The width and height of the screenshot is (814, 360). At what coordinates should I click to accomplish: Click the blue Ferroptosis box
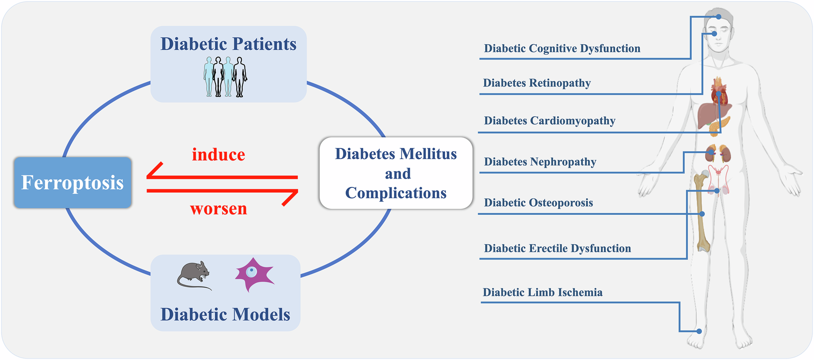[x=73, y=182]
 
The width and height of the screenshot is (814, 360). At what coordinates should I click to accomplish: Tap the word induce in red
[x=219, y=154]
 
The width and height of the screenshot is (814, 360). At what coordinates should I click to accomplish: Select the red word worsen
[x=219, y=209]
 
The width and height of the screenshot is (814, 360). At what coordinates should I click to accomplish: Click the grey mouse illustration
[x=194, y=275]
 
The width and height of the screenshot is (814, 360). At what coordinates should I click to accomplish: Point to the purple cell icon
[x=254, y=274]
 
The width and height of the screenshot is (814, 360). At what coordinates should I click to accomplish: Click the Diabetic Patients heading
[x=228, y=44]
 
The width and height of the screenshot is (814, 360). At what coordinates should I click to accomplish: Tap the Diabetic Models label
[x=226, y=314]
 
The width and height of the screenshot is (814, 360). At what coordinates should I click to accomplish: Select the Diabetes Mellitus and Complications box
[x=396, y=173]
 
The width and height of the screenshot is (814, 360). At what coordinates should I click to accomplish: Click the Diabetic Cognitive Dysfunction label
[x=562, y=48]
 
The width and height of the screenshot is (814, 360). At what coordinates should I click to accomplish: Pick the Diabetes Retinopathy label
[x=537, y=83]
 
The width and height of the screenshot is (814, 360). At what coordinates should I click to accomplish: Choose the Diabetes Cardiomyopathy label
[x=549, y=121]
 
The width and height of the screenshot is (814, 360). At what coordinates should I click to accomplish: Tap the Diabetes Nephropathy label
[x=540, y=162]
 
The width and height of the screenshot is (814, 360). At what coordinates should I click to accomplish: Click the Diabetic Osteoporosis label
[x=538, y=203]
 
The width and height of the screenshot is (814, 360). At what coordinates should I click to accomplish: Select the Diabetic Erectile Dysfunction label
[x=557, y=248]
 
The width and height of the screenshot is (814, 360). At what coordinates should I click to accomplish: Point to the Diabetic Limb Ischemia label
[x=542, y=293]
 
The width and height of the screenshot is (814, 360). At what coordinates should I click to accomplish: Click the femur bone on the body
[x=702, y=212]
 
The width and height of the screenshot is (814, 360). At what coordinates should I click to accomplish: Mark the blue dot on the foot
[x=699, y=331]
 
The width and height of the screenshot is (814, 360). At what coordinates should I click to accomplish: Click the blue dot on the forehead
[x=719, y=17]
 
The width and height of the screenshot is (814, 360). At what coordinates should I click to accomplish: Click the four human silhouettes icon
[x=225, y=77]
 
